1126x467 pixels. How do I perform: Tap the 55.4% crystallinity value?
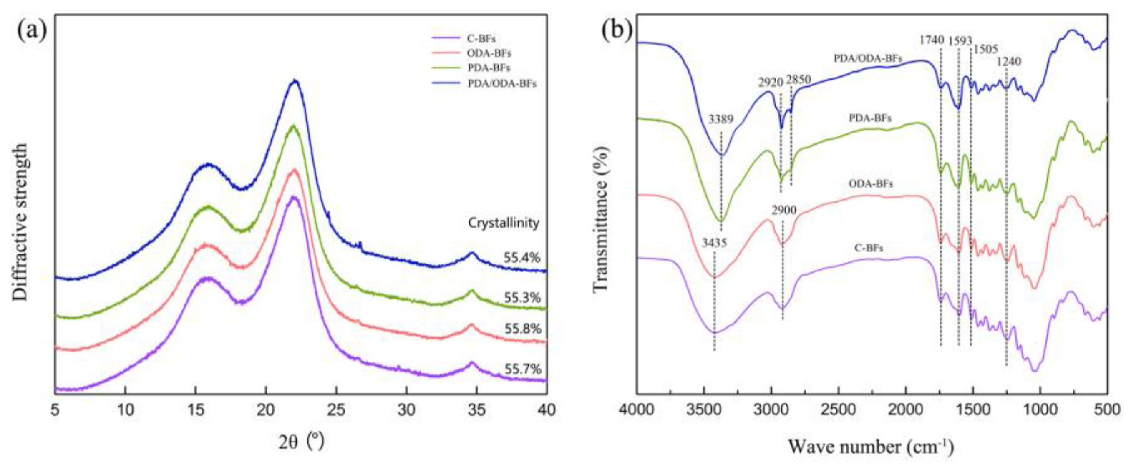(x=522, y=258)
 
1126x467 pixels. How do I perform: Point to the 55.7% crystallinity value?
(x=523, y=369)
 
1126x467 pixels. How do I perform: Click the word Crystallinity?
(x=504, y=223)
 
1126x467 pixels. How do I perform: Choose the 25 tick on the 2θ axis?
(x=336, y=410)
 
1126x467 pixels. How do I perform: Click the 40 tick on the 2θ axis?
(x=547, y=410)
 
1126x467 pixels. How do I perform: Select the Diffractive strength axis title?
(x=20, y=221)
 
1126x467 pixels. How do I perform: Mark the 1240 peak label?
(x=1008, y=62)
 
